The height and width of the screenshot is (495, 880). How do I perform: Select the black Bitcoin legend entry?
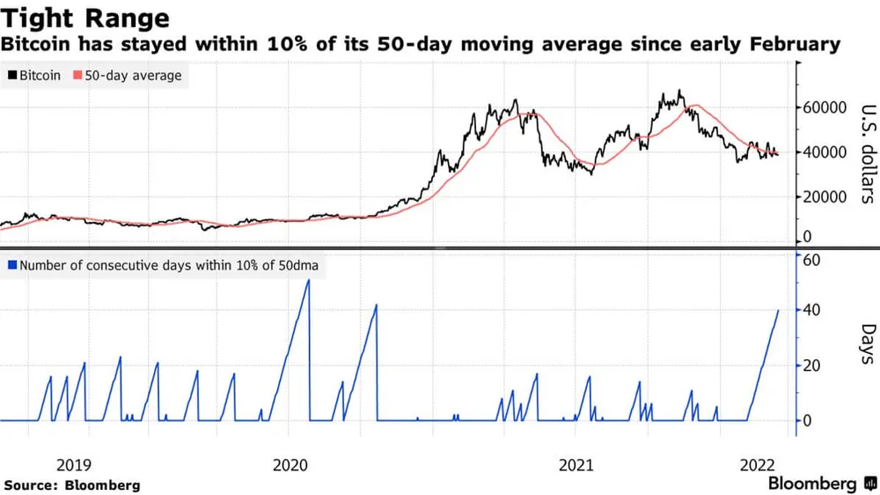tap(34, 76)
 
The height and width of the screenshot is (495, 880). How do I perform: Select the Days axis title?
tap(866, 344)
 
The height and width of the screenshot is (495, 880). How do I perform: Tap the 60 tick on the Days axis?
tap(812, 260)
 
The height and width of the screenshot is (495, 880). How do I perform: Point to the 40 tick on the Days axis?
tap(812, 310)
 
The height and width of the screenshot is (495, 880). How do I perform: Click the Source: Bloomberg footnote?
tap(72, 485)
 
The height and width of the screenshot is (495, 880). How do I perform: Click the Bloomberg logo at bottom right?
tap(812, 484)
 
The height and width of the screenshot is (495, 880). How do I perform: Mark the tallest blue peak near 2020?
tap(308, 280)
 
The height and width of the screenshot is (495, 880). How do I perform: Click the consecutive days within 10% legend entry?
tap(164, 264)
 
